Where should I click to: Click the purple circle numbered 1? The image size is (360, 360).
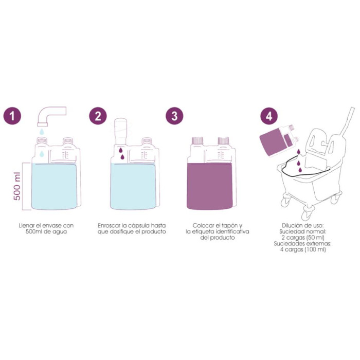[12, 116]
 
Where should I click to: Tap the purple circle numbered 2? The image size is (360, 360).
[98, 116]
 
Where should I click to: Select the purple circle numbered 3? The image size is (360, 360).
[174, 116]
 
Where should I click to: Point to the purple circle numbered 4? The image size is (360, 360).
[269, 116]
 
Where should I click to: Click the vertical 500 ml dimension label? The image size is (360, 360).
[17, 186]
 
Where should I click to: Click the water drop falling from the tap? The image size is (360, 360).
[42, 132]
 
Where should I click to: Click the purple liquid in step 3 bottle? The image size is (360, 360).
[210, 186]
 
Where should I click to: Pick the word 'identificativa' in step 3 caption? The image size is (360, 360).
[232, 231]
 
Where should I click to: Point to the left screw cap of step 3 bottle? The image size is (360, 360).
[197, 140]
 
